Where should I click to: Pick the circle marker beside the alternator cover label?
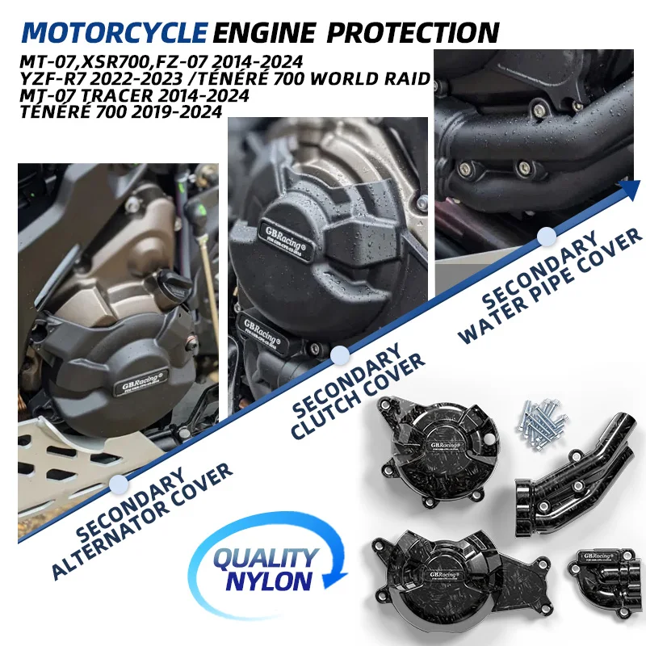click(120, 483)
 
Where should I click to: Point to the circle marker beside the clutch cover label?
click(340, 354)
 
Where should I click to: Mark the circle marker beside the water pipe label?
click(546, 236)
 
